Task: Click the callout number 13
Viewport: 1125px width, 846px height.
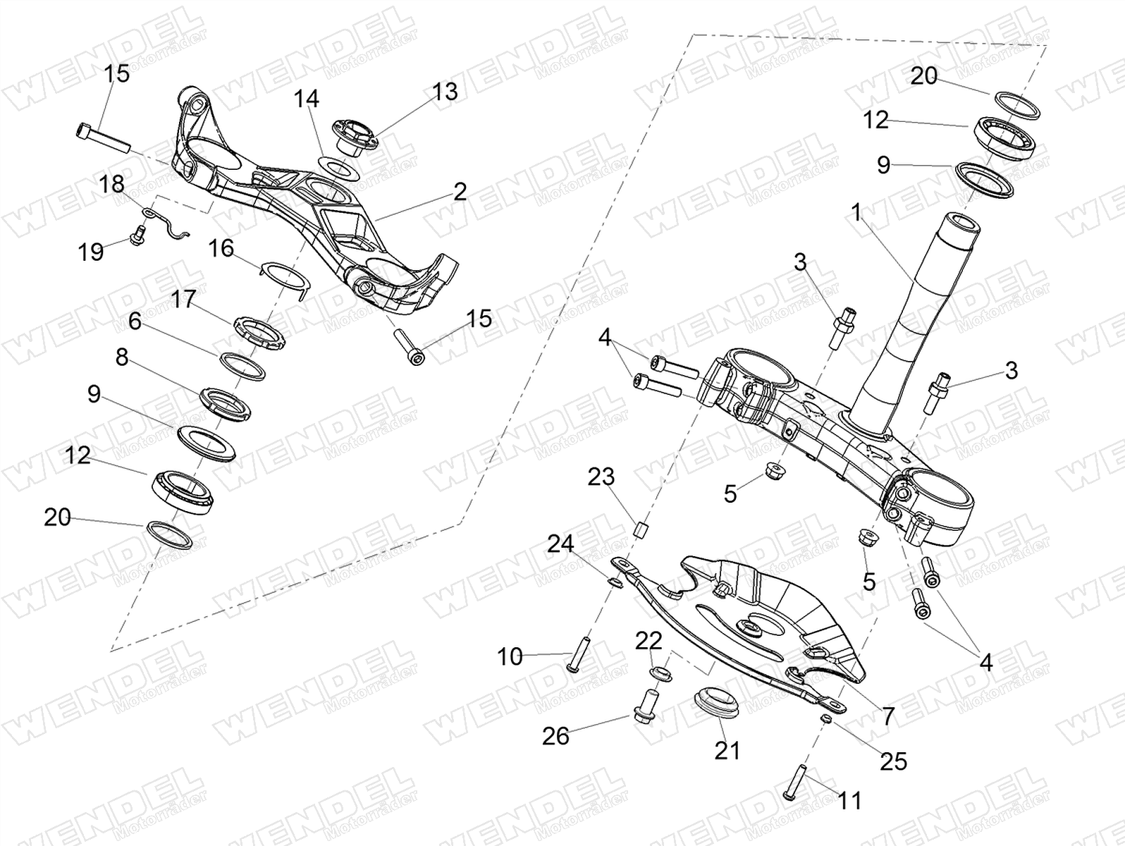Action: point(445,92)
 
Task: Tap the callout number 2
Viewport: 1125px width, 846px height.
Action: point(460,191)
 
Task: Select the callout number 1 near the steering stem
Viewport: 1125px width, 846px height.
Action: point(856,212)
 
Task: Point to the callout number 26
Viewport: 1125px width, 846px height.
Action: point(555,736)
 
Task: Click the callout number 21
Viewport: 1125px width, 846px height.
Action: point(727,750)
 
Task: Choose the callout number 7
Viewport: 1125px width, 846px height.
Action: point(887,716)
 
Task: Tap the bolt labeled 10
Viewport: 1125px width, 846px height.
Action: point(572,654)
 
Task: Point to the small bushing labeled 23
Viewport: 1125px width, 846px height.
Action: point(641,528)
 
